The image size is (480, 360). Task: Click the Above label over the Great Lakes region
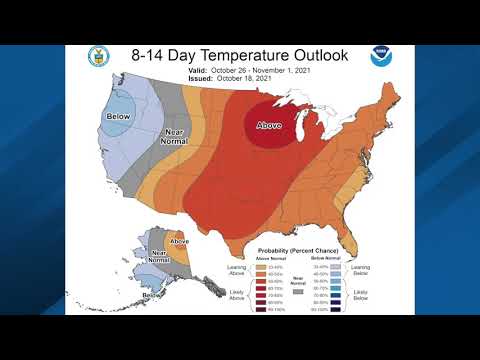coord(269,126)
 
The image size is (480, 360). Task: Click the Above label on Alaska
coord(179,242)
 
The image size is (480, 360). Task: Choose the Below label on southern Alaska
coord(151,294)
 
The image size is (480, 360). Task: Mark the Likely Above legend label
coord(238,298)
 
